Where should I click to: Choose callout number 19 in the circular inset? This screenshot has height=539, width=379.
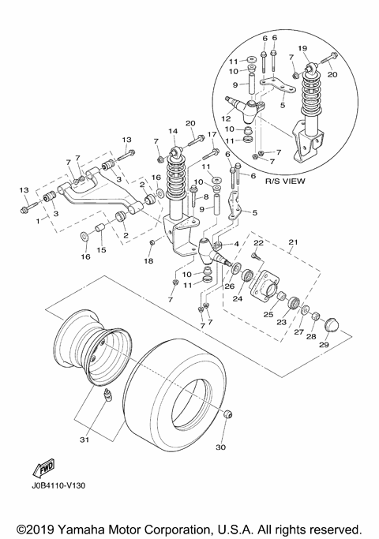pyautogui.click(x=325, y=49)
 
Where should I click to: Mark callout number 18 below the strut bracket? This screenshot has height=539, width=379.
pyautogui.click(x=148, y=260)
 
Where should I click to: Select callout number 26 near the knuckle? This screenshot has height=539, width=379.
pyautogui.click(x=230, y=287)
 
